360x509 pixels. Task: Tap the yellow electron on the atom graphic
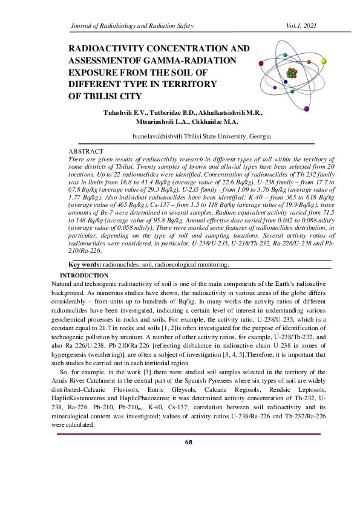tap(324, 61)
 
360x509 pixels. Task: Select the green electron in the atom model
tap(292, 91)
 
